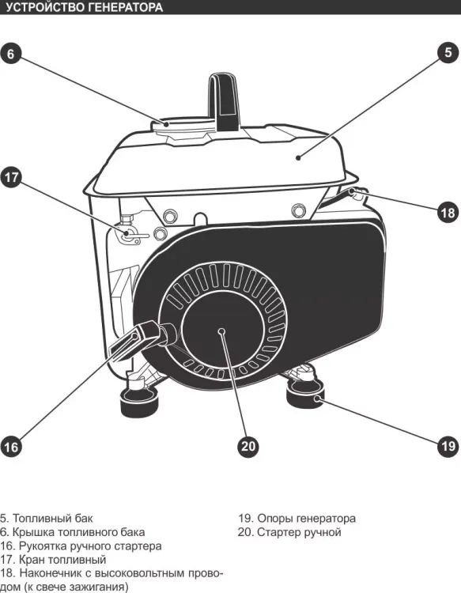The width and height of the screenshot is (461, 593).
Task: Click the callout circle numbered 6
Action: click(10, 54)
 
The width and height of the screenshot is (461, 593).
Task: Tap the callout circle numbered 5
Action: click(448, 52)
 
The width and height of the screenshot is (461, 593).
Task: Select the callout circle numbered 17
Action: click(11, 177)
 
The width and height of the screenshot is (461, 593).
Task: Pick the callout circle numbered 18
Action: click(448, 212)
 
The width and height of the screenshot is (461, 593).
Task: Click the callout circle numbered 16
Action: click(11, 447)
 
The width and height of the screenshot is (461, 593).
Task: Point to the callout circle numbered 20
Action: click(248, 446)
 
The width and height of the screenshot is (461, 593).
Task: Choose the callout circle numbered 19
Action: click(448, 446)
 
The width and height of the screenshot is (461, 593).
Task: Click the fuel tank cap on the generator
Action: click(184, 127)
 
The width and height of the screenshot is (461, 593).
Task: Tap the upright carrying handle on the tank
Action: click(225, 101)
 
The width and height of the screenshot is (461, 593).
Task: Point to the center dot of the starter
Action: click(222, 331)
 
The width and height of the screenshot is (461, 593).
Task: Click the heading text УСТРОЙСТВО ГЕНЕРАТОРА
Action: click(84, 7)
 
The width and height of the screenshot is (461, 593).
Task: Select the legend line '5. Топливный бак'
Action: click(46, 518)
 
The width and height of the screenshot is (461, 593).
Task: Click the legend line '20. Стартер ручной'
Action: click(289, 532)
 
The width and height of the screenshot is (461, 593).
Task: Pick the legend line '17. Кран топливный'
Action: click(53, 559)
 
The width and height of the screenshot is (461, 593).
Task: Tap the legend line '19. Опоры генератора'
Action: click(297, 518)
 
